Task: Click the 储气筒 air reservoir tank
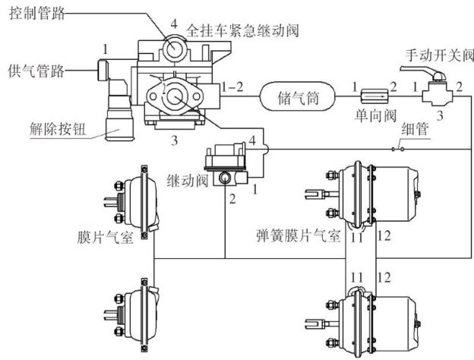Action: pos(298,96)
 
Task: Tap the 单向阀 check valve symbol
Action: pos(374,96)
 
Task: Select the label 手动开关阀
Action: pos(439,55)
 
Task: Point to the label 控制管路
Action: pos(37,13)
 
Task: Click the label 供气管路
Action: pos(36,71)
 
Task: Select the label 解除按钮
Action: pos(58,129)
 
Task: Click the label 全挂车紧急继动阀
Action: pos(242,30)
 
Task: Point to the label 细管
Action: pos(415,129)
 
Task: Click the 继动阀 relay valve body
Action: pos(226,164)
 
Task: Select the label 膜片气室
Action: pos(105,236)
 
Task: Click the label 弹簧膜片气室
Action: pos(298,235)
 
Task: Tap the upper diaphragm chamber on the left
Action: pos(134,202)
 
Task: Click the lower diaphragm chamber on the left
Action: pos(134,314)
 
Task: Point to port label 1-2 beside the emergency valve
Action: pos(232,87)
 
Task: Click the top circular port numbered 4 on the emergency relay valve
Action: pos(173,48)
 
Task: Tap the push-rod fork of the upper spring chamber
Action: pos(314,194)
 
